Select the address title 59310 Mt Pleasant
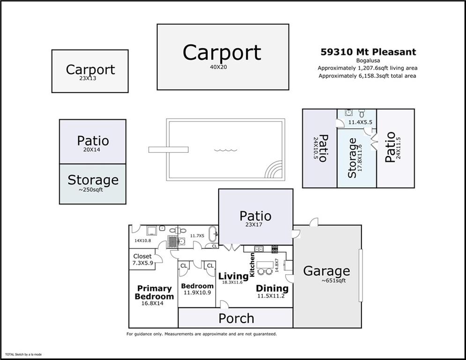368,52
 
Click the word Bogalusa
367,60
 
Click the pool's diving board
168,150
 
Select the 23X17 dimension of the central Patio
255,225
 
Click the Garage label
326,271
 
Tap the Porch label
236,319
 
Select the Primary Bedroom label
154,292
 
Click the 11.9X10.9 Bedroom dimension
197,293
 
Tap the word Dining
272,288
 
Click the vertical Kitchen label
252,264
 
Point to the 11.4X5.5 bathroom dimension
360,122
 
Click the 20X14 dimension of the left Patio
92,150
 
